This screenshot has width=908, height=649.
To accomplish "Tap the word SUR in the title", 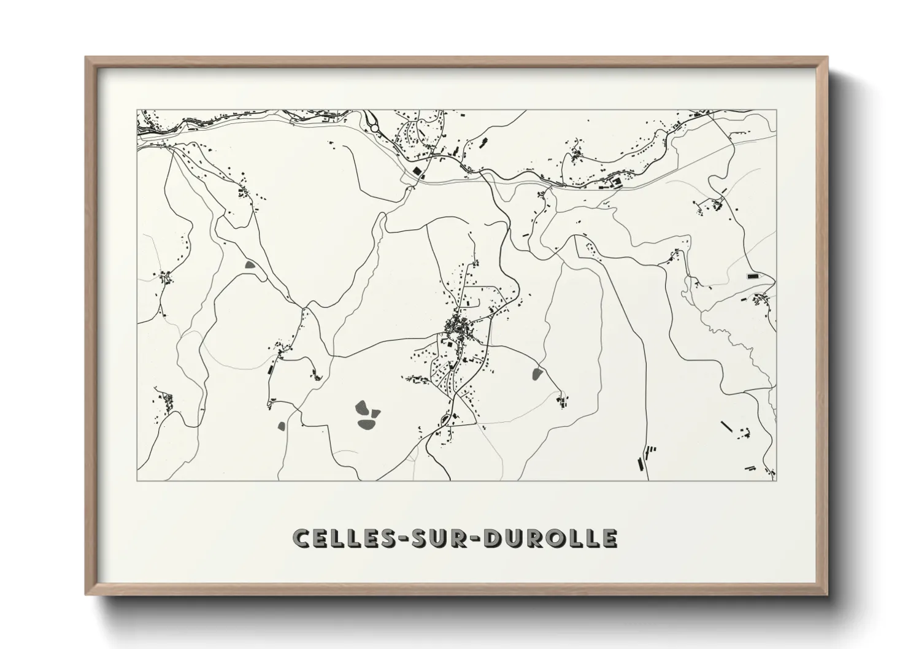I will click(x=437, y=537).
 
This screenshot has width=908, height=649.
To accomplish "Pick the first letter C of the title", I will click(x=302, y=537).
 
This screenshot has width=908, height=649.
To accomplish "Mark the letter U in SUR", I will click(x=437, y=537).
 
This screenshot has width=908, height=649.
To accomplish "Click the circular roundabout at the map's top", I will click(x=374, y=128).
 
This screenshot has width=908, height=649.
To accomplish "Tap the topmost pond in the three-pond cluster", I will click(x=363, y=406).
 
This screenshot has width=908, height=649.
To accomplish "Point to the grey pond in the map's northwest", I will click(x=250, y=266).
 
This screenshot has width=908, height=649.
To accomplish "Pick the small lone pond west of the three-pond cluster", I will click(x=282, y=425).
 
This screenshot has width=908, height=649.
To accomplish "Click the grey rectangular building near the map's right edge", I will click(x=753, y=277).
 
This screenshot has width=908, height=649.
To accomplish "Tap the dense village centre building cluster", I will click(x=459, y=326).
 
